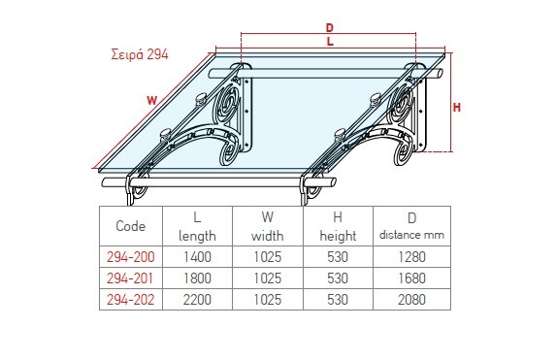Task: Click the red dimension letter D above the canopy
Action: pos(329,27)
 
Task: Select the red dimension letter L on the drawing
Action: pos(330,42)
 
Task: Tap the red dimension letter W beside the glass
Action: pos(151,101)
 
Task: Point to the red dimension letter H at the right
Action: pos(457,108)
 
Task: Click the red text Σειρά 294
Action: pos(140,54)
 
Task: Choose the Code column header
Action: pos(130,226)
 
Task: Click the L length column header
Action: pos(197,226)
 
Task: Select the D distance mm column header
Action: pos(411,226)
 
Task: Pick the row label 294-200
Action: pos(130,257)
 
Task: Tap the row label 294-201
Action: pos(130,278)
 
